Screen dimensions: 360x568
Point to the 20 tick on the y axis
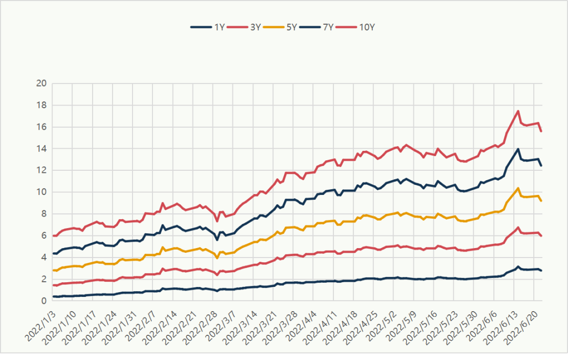pos(42,84)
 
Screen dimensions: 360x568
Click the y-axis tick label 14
pos(42,149)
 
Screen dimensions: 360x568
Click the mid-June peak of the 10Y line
pos(519,111)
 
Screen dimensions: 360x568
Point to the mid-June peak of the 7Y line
pos(519,149)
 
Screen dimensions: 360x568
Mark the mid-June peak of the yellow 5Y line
pos(519,188)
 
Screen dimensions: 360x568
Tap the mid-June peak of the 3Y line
pos(519,228)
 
